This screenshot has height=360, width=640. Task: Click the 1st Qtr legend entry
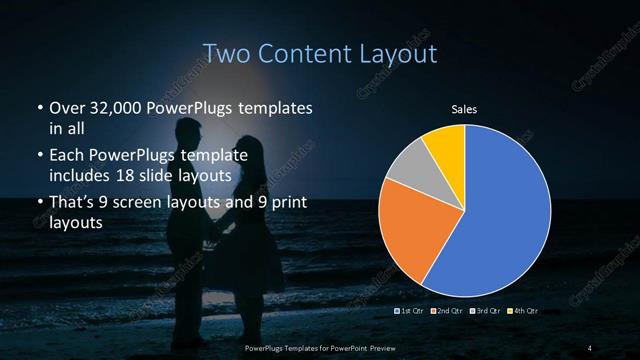pos(412,312)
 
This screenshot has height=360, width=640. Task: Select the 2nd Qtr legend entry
pos(446,312)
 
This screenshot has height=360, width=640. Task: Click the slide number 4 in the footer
pos(590,347)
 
